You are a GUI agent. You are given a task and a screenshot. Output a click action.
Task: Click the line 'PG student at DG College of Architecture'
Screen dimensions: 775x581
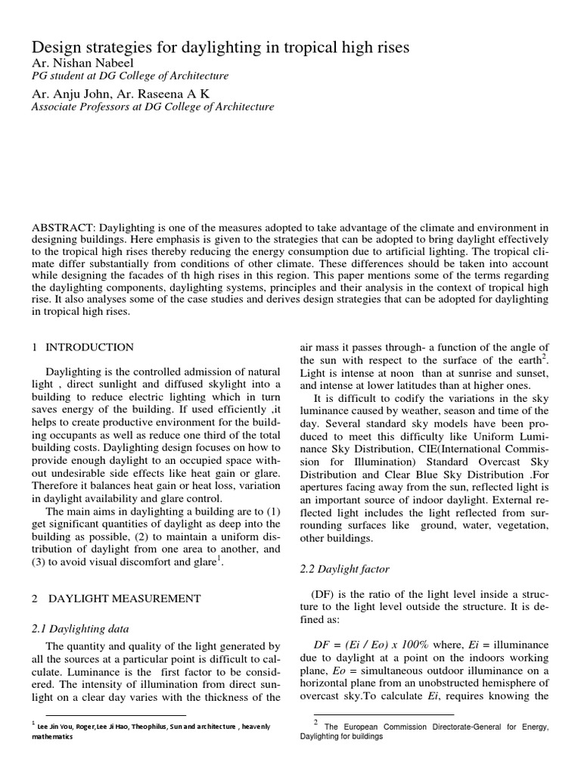tap(129, 76)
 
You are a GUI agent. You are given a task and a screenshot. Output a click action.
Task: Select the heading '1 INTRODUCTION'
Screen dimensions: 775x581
tap(82, 347)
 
